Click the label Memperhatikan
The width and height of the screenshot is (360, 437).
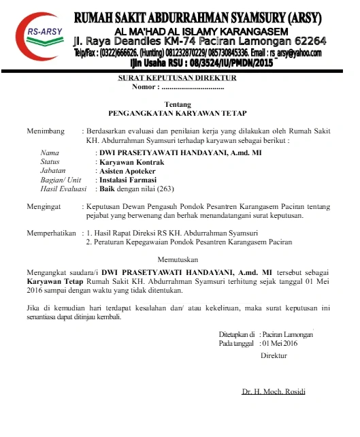pyautogui.click(x=50, y=233)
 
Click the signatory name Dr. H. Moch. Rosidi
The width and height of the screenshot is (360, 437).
pyautogui.click(x=274, y=391)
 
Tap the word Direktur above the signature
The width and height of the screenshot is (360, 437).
pyautogui.click(x=274, y=355)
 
